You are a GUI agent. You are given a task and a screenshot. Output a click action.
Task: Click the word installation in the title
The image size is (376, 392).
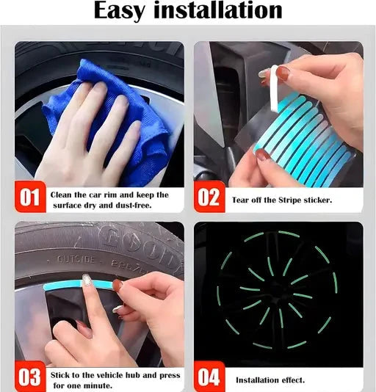tap(218, 10)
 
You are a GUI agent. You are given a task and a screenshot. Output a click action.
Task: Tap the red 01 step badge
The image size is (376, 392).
tap(30, 197)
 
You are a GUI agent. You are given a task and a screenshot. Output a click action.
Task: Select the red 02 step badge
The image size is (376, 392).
tap(209, 197)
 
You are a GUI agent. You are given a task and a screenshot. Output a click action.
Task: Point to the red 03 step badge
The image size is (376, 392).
tap(30, 377)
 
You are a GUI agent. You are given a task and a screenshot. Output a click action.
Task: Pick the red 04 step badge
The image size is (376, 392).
tap(209, 377)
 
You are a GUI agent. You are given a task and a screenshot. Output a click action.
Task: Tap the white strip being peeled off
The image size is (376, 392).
tap(274, 88)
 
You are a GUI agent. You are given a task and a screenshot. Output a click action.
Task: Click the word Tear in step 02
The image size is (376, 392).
tap(239, 200)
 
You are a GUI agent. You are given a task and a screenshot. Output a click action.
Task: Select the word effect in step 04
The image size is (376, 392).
tap(293, 380)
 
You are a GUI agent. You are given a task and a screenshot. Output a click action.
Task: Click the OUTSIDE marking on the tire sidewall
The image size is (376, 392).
tap(76, 260)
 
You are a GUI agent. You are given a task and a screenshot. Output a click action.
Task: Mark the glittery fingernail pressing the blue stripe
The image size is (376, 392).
tap(87, 280)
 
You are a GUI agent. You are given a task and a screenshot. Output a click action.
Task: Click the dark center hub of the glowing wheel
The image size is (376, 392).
tap(276, 290)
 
